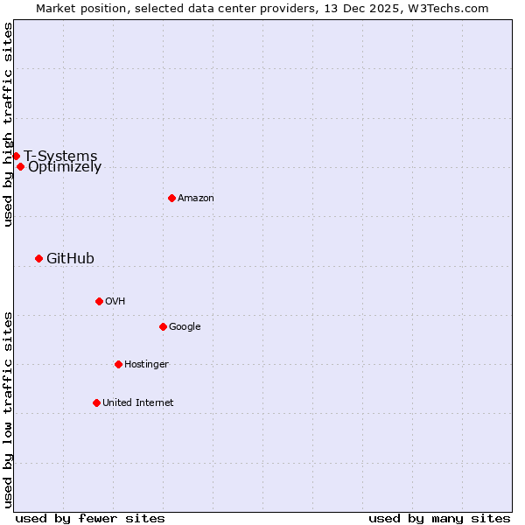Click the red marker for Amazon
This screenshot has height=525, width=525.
coord(171,198)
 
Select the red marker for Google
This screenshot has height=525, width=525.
coord(163,326)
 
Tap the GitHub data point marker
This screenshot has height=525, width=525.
coord(38,258)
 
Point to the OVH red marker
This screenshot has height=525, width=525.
coord(99,301)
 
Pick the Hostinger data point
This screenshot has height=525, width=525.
coord(118,364)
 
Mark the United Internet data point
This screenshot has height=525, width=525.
coord(96,402)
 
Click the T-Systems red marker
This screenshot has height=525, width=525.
coord(16,156)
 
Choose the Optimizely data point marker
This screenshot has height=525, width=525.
coord(20,166)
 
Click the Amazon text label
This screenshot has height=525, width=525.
coord(196,199)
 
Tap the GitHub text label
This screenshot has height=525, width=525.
coord(70,258)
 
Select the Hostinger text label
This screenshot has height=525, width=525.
coord(146,364)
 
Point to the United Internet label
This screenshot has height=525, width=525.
coord(137,402)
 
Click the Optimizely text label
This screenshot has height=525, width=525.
coord(65,167)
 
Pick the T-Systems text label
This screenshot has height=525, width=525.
coord(60,156)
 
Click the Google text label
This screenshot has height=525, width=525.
coord(185,327)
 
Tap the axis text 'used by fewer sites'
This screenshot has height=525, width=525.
coord(90,518)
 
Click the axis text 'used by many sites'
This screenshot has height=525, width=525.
coord(439,518)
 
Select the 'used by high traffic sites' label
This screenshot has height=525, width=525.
coord(8,124)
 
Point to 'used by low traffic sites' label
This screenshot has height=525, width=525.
coord(8,409)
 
